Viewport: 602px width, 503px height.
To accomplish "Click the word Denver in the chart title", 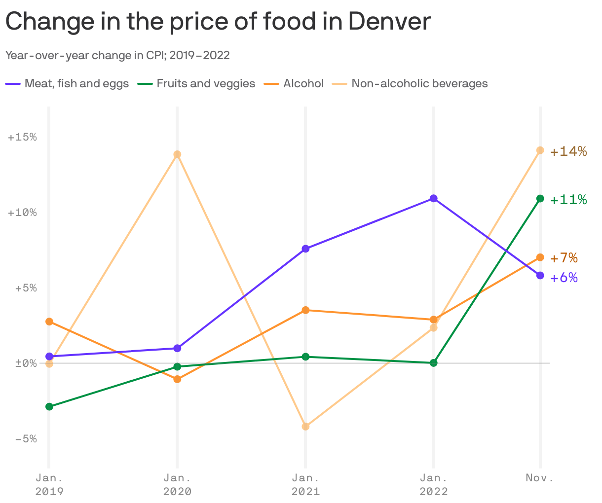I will click(x=389, y=22).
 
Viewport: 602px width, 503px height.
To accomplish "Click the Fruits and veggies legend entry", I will click(x=205, y=84).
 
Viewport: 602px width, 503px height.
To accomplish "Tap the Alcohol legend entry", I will click(x=303, y=84).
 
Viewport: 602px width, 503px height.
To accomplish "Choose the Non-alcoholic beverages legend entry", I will click(x=419, y=84).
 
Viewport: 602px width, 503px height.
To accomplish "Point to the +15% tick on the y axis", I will click(x=23, y=137).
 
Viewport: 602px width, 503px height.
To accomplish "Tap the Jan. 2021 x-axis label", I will click(x=305, y=484).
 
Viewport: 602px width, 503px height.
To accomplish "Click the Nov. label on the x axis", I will click(x=540, y=477).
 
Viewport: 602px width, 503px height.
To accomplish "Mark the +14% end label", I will click(x=568, y=151).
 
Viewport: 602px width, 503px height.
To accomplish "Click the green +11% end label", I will click(x=568, y=200).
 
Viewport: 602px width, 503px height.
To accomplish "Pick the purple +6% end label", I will click(x=564, y=278).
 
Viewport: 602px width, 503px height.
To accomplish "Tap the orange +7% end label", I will click(x=564, y=258).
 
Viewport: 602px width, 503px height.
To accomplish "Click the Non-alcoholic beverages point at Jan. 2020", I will click(x=177, y=154).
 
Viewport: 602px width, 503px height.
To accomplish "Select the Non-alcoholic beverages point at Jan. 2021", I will click(x=305, y=427).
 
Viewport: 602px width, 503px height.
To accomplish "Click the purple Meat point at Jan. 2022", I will click(x=433, y=198).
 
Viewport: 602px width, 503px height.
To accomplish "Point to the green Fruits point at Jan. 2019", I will click(x=49, y=407).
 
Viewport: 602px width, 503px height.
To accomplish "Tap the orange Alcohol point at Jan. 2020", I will click(x=177, y=379).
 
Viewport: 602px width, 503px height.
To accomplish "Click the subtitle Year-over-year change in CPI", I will click(x=117, y=55).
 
